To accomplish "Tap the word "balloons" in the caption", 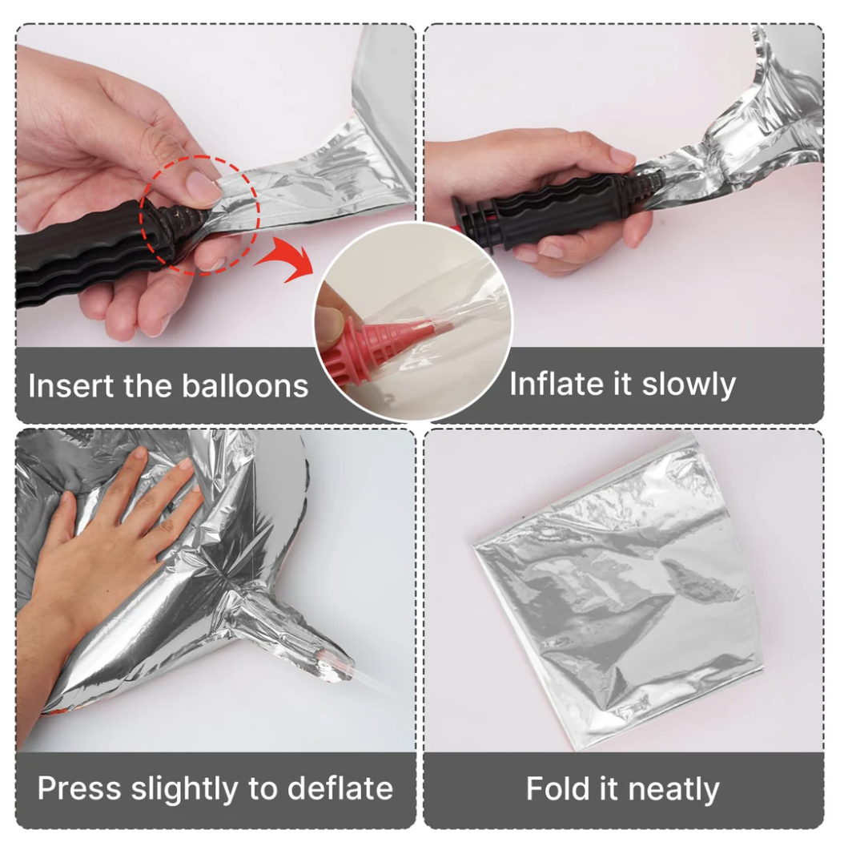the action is click(245, 386).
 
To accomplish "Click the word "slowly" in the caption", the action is click(689, 385).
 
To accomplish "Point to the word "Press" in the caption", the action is click(79, 788).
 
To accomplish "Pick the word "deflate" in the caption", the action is click(340, 788).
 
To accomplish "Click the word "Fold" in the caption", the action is click(557, 789).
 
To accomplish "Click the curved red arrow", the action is click(287, 257).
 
